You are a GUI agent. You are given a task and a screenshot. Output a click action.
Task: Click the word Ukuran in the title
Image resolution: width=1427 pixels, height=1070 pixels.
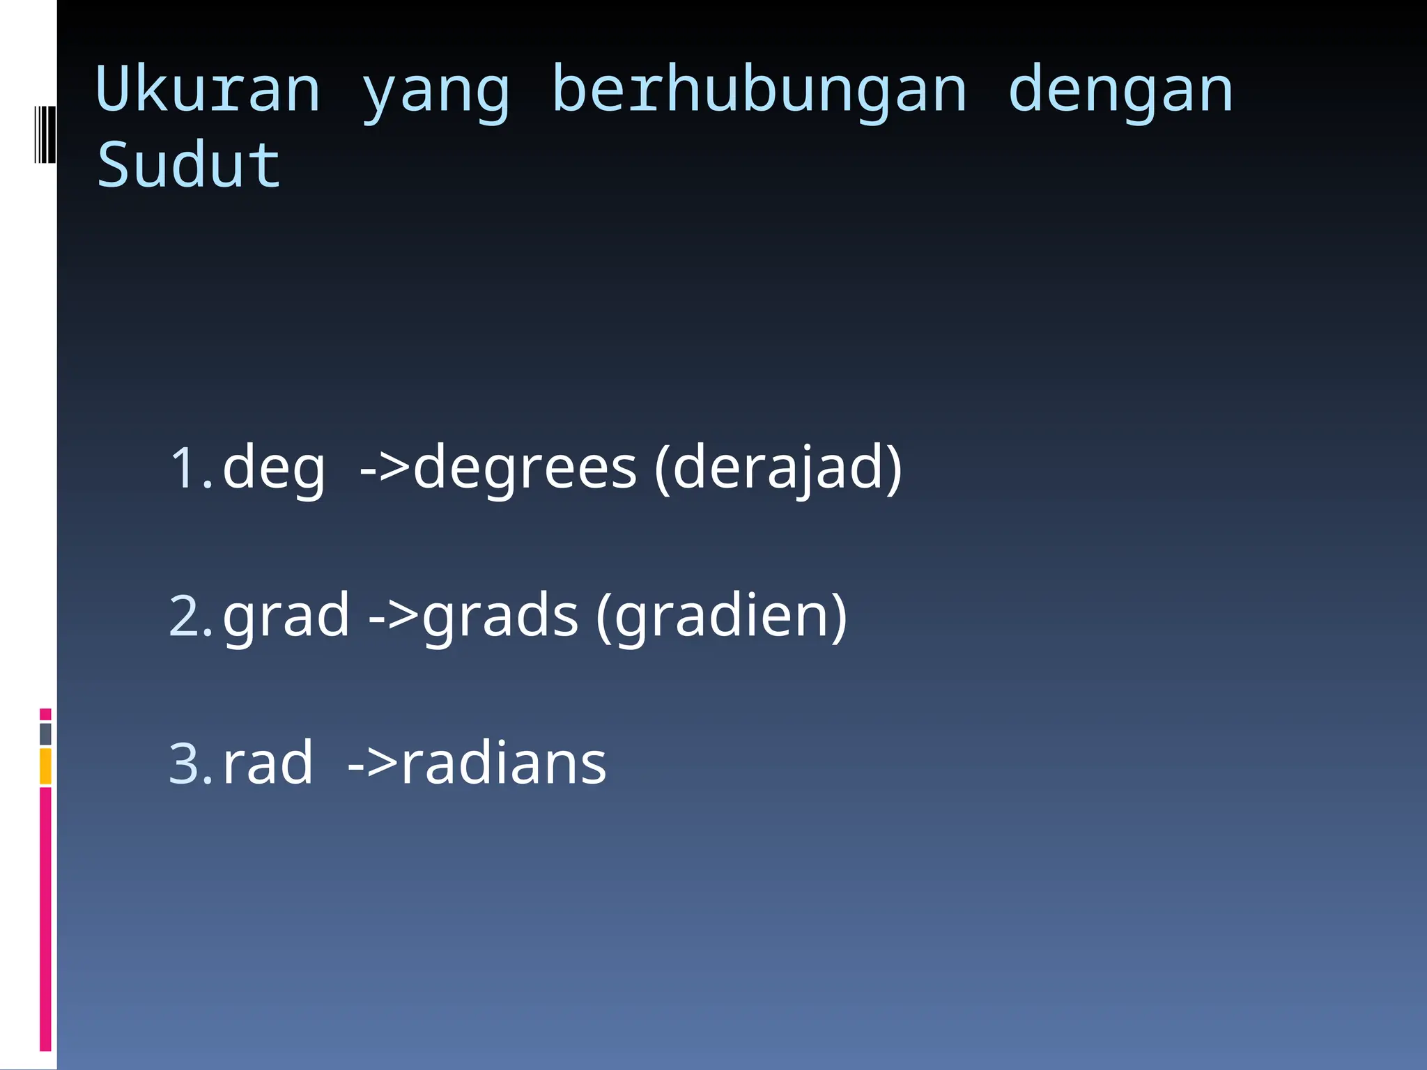click(x=208, y=91)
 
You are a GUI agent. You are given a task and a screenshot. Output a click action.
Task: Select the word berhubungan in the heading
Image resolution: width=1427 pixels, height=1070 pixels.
click(x=759, y=91)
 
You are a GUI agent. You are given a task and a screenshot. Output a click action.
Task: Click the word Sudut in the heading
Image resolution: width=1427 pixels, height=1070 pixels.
click(x=188, y=165)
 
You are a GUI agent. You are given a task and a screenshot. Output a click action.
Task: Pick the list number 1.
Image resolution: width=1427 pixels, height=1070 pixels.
click(x=190, y=468)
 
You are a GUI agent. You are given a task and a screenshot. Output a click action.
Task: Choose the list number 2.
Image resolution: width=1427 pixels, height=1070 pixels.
click(x=190, y=616)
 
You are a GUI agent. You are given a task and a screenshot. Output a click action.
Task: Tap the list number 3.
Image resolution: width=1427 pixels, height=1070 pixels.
click(x=190, y=763)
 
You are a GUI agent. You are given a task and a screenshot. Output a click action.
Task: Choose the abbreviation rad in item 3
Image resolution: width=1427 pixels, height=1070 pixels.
click(x=268, y=763)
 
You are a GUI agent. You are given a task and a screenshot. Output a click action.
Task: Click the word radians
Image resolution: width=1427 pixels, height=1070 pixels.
click(x=504, y=763)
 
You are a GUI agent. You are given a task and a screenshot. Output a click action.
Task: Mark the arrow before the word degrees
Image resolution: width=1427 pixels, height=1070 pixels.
click(x=384, y=468)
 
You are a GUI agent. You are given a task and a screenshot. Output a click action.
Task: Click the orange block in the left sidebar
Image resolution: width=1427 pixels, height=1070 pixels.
click(x=45, y=766)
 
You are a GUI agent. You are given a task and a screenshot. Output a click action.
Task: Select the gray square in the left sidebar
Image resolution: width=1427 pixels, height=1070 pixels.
click(x=45, y=734)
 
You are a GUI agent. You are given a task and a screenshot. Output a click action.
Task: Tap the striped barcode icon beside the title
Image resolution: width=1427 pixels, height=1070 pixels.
click(x=45, y=134)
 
